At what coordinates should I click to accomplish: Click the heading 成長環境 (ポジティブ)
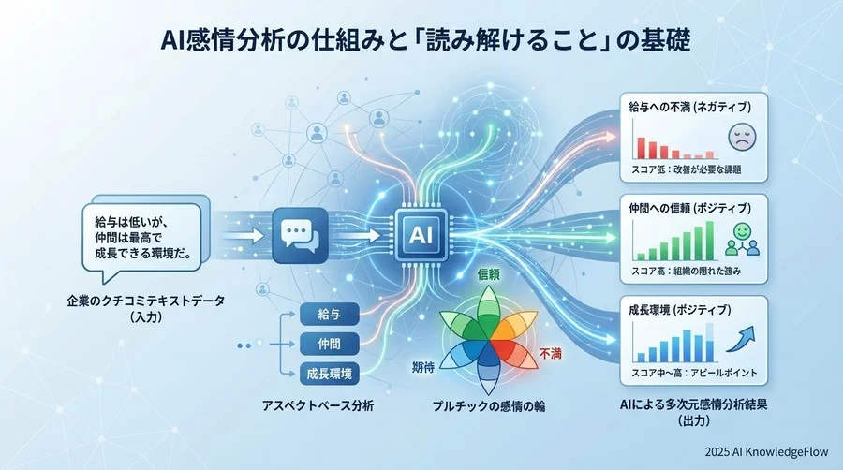(x=682, y=307)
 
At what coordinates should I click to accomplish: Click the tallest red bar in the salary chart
(x=642, y=147)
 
